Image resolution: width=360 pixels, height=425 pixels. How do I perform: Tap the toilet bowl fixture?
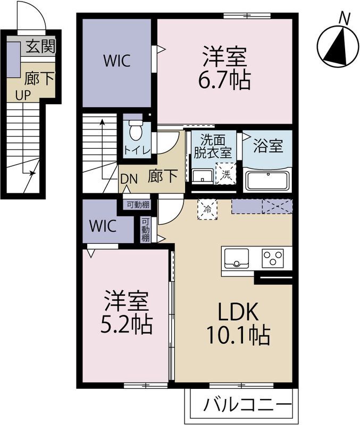coord(136,130)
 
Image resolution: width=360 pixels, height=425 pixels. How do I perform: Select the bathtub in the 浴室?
coord(267,180)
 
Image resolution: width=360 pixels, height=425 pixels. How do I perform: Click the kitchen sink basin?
coord(236,258)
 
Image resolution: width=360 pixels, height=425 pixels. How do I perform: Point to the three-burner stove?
coord(272,258)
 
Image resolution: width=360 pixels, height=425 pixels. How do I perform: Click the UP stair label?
coord(23,96)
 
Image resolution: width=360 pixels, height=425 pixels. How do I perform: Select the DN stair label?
coord(129,179)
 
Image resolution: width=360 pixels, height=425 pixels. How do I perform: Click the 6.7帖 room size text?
coord(224,81)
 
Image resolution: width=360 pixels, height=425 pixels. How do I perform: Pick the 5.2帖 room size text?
coord(126,325)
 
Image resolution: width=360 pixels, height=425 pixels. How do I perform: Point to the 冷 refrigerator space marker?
coord(207,209)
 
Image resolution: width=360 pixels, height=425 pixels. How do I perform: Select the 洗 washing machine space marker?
coord(226,174)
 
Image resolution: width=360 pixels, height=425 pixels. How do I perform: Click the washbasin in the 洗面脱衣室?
coord(202,176)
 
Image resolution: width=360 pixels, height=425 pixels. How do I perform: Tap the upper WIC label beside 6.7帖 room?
coord(117,61)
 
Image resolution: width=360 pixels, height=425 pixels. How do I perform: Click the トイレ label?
coord(137,150)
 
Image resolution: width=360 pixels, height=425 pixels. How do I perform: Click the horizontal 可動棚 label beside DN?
coord(138,205)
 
